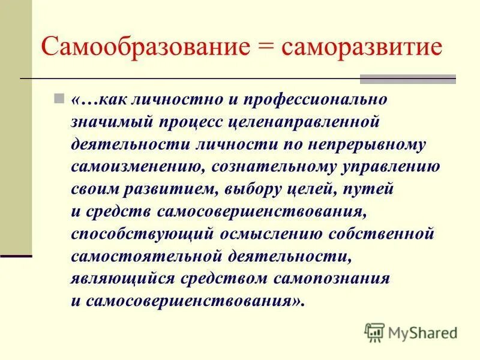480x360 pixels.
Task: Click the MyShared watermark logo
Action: (411, 332)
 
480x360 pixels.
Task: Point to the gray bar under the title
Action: (407, 79)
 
